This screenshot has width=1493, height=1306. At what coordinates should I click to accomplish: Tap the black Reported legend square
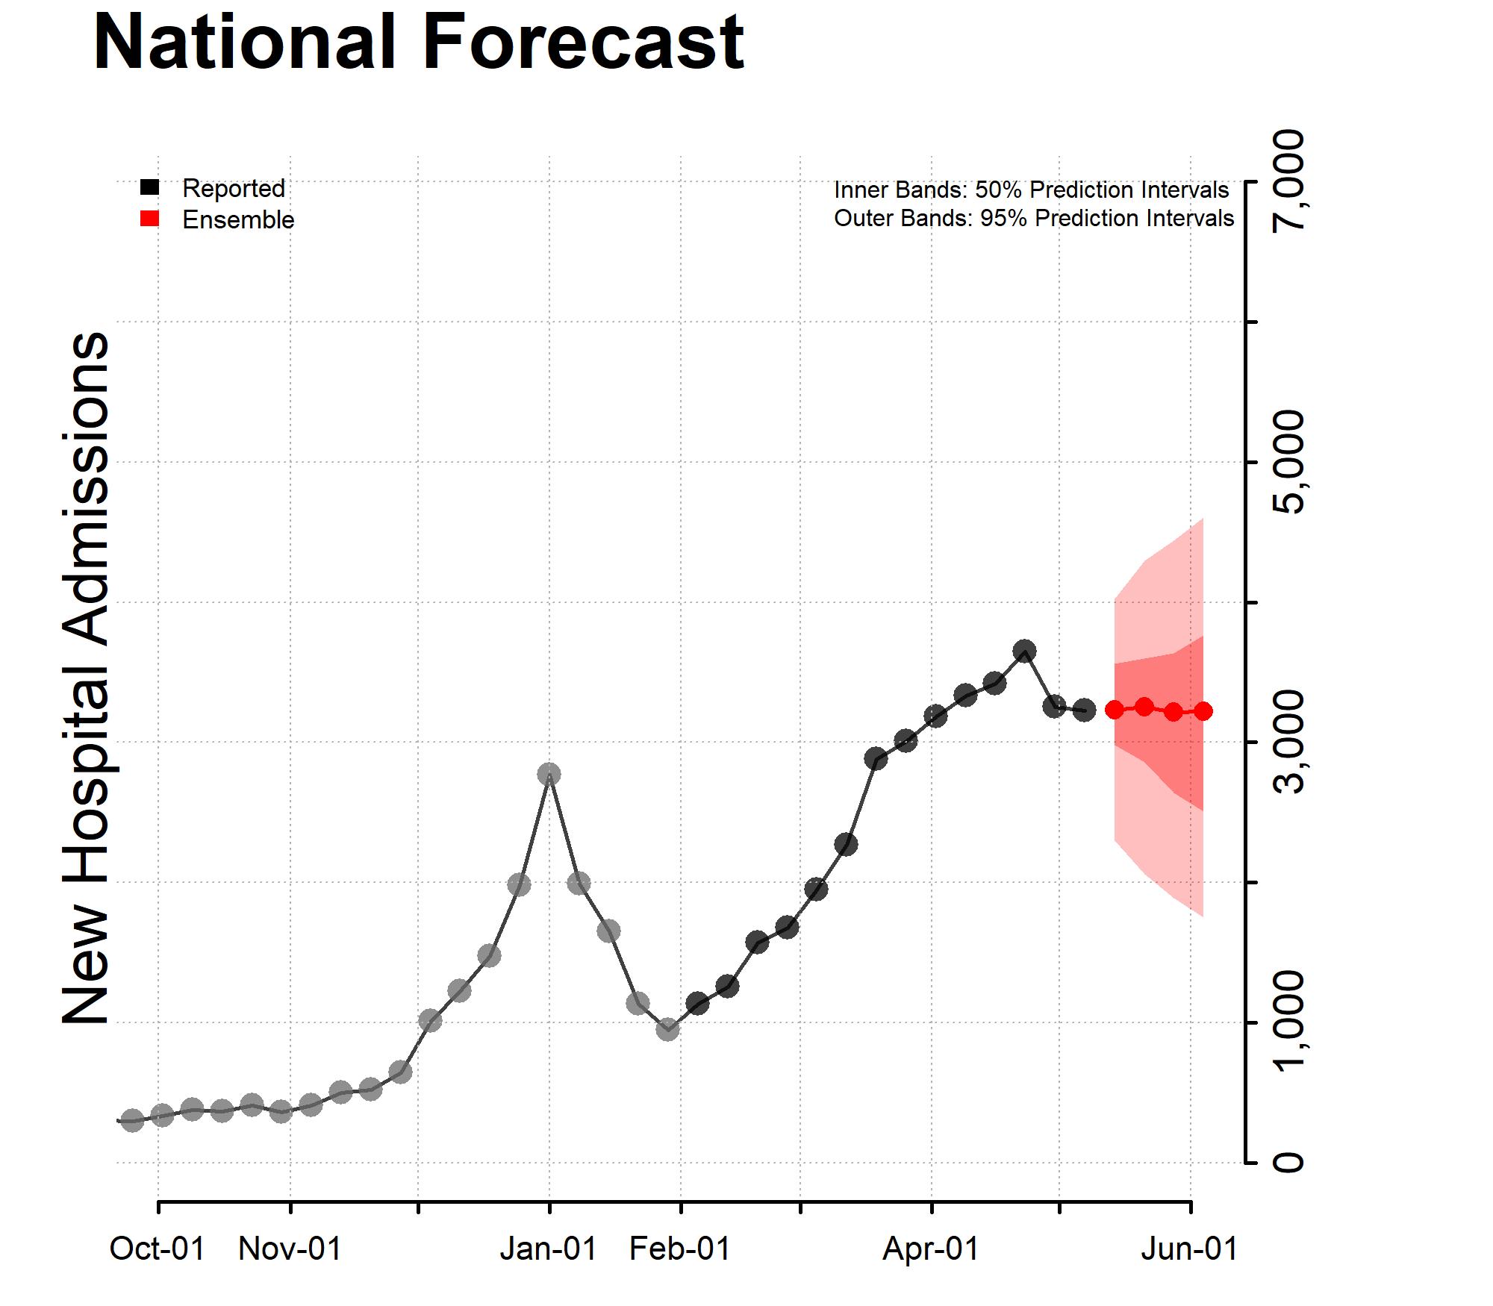[x=149, y=188]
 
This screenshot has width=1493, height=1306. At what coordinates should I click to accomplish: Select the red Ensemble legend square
[x=149, y=219]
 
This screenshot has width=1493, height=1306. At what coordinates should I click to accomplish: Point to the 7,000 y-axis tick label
[x=1288, y=181]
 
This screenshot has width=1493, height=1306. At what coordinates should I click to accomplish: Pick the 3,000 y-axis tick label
[x=1288, y=742]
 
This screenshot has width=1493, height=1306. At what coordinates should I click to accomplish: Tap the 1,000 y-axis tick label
[x=1288, y=1022]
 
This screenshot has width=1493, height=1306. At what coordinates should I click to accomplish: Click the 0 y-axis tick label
[x=1288, y=1163]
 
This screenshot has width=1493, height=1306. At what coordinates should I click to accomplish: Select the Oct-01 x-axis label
[x=158, y=1248]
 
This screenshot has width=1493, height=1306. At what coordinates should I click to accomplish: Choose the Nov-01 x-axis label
[x=290, y=1248]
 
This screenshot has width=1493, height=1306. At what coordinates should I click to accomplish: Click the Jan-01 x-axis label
[x=549, y=1248]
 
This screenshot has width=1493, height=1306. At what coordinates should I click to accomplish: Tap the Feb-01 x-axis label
[x=680, y=1248]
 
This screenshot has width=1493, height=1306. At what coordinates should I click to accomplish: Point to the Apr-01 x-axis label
[x=931, y=1248]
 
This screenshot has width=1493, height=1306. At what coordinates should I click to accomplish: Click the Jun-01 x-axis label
[x=1189, y=1248]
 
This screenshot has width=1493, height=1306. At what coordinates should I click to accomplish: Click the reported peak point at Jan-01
[x=549, y=774]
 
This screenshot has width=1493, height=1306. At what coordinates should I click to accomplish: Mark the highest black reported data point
[x=1024, y=650]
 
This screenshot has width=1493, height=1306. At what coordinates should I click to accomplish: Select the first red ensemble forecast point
[x=1115, y=709]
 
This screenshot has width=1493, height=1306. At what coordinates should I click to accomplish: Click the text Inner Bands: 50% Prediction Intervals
[x=1031, y=190]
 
